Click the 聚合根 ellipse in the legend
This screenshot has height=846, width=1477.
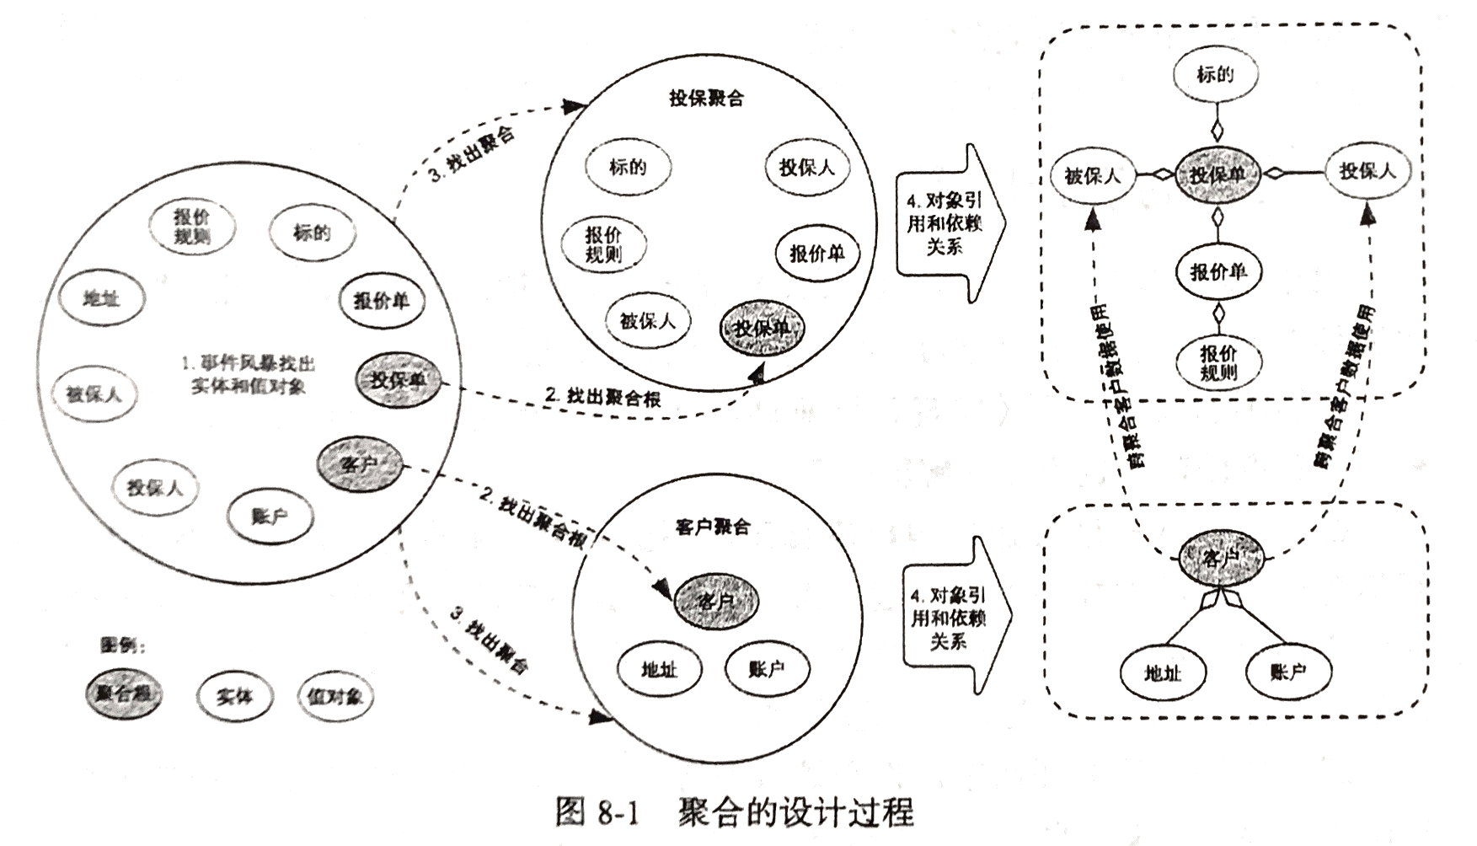(124, 693)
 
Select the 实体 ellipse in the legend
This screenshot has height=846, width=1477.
(235, 696)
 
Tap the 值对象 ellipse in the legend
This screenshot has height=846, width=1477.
(335, 696)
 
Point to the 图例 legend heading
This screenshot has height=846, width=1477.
(123, 645)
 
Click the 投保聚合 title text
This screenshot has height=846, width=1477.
(706, 99)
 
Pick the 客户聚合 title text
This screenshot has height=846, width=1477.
(712, 527)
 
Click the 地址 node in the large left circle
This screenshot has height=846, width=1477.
(102, 298)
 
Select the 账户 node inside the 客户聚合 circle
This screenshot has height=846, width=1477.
(767, 669)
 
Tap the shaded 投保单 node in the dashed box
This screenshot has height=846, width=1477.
(1217, 175)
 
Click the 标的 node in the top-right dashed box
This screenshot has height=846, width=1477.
(1215, 74)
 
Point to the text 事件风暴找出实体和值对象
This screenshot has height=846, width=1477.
(249, 375)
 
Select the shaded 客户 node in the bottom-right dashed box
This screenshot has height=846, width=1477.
(1221, 558)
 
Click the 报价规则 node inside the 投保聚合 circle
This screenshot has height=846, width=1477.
(603, 244)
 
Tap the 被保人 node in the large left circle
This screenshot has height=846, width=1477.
(94, 394)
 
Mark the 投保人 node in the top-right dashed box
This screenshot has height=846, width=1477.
(1367, 171)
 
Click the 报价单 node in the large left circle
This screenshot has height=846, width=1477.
(382, 300)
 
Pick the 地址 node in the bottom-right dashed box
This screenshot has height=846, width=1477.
(1163, 672)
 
